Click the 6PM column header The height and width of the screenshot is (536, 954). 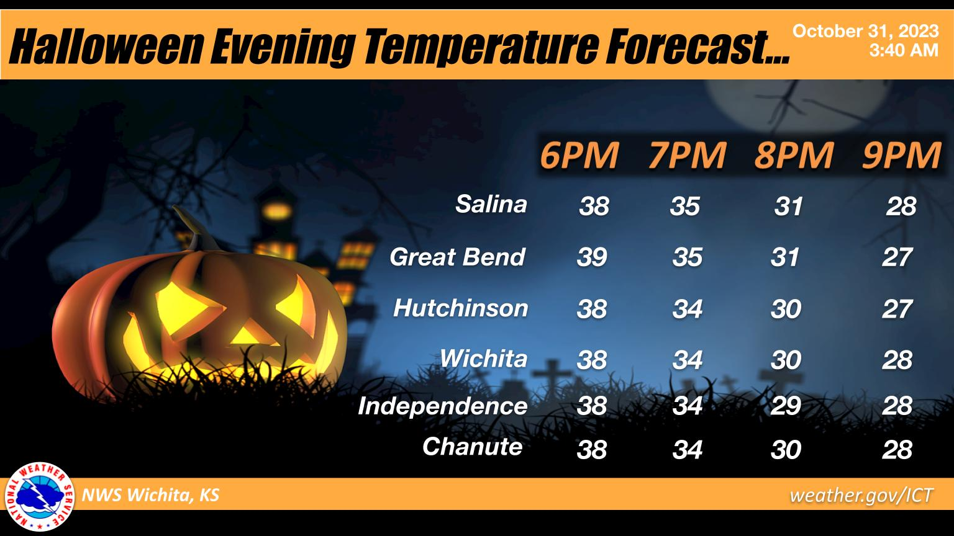(579, 156)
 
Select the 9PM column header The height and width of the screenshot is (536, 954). (901, 156)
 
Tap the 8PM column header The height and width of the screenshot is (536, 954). (793, 156)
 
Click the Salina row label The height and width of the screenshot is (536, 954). (491, 203)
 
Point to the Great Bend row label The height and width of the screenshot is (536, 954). (457, 257)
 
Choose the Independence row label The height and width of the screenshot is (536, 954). (442, 406)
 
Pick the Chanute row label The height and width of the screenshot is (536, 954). (472, 446)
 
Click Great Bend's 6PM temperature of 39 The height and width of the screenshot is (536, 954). (592, 257)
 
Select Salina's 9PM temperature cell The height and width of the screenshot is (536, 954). (901, 206)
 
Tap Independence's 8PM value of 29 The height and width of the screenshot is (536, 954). (786, 406)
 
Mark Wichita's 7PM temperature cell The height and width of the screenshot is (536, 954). (687, 360)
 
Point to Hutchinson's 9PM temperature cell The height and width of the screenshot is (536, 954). (897, 308)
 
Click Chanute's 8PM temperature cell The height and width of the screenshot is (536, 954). (786, 449)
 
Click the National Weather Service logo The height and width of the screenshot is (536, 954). (39, 496)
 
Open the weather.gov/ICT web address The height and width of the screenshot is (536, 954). (861, 496)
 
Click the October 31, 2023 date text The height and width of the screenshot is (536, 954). (866, 31)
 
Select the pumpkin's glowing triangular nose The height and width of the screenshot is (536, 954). (248, 336)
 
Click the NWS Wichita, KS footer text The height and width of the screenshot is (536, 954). (151, 496)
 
